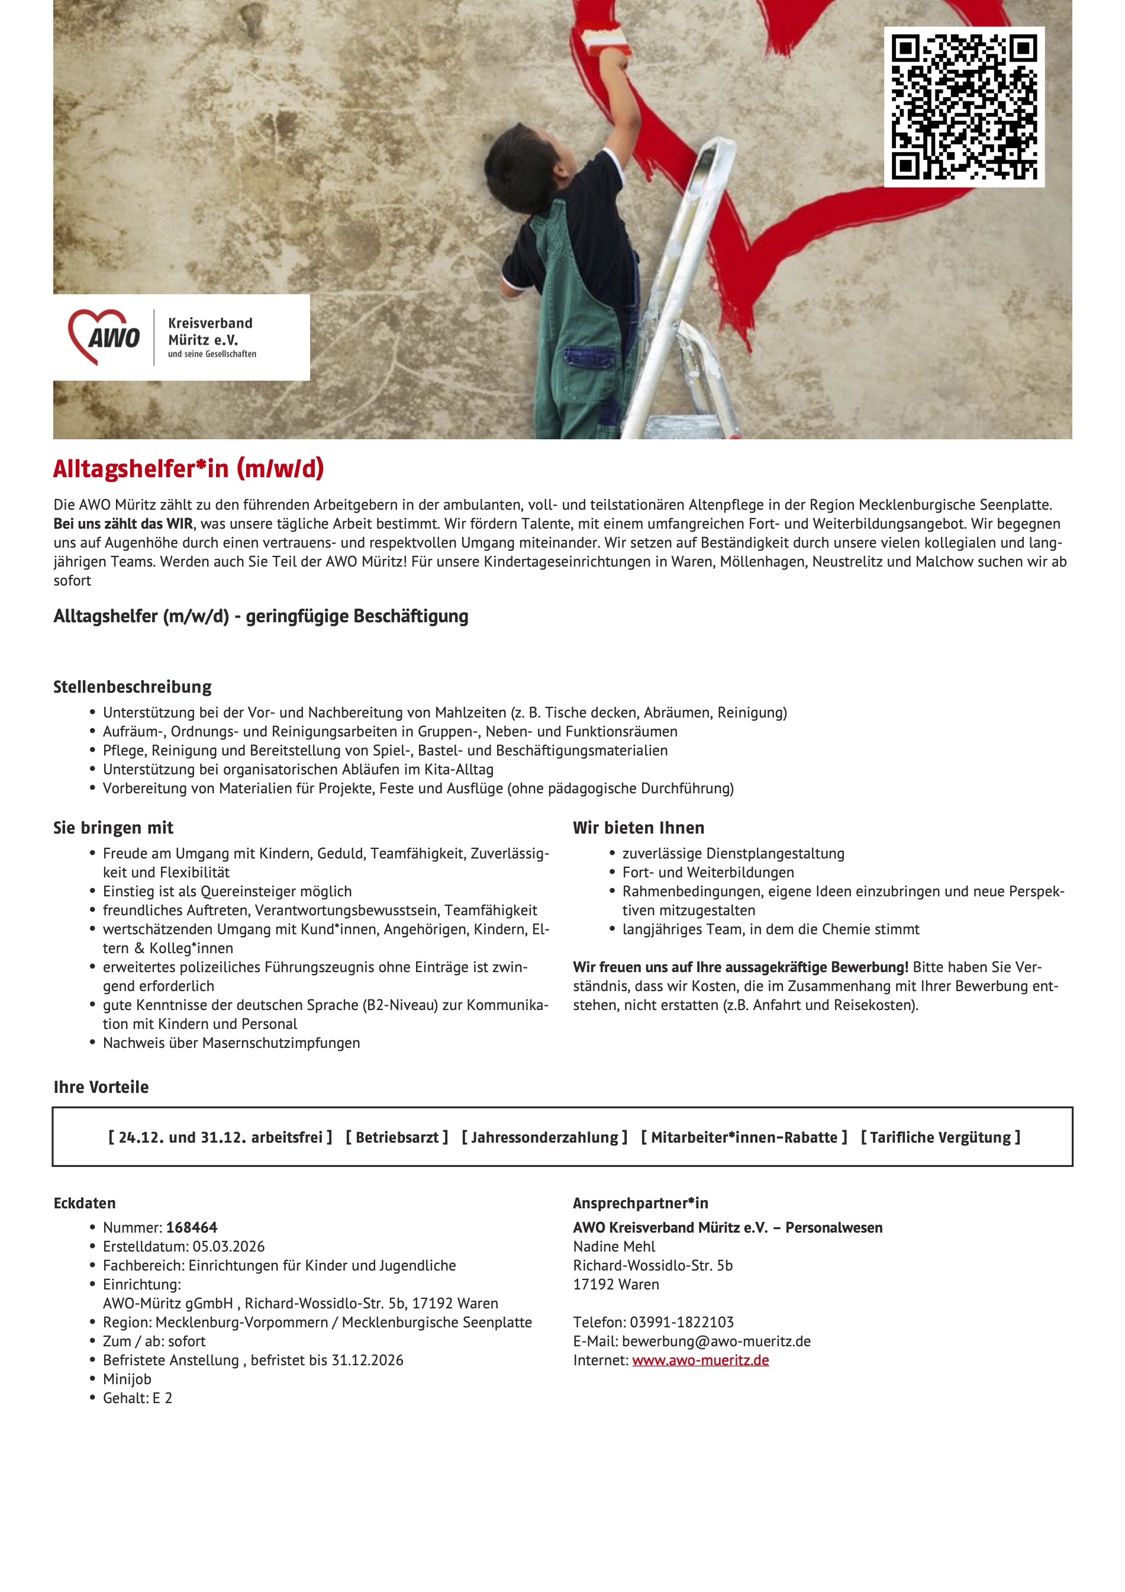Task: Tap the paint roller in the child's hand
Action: pos(606,41)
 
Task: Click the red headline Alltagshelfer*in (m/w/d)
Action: pos(189,469)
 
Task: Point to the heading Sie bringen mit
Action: pos(113,827)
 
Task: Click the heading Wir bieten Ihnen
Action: pos(639,827)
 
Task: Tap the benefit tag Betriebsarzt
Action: pos(397,1137)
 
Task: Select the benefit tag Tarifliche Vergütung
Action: pos(940,1137)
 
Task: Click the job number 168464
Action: pos(191,1227)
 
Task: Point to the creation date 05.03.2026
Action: pos(228,1246)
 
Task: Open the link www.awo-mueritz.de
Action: pos(700,1360)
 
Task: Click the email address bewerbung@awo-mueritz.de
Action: pos(716,1341)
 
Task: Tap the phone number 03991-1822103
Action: pos(681,1322)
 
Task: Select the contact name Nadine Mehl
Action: pos(614,1246)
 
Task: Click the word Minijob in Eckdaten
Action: pos(127,1379)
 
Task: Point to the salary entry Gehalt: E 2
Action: pos(137,1398)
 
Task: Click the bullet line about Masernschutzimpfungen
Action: pos(231,1043)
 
